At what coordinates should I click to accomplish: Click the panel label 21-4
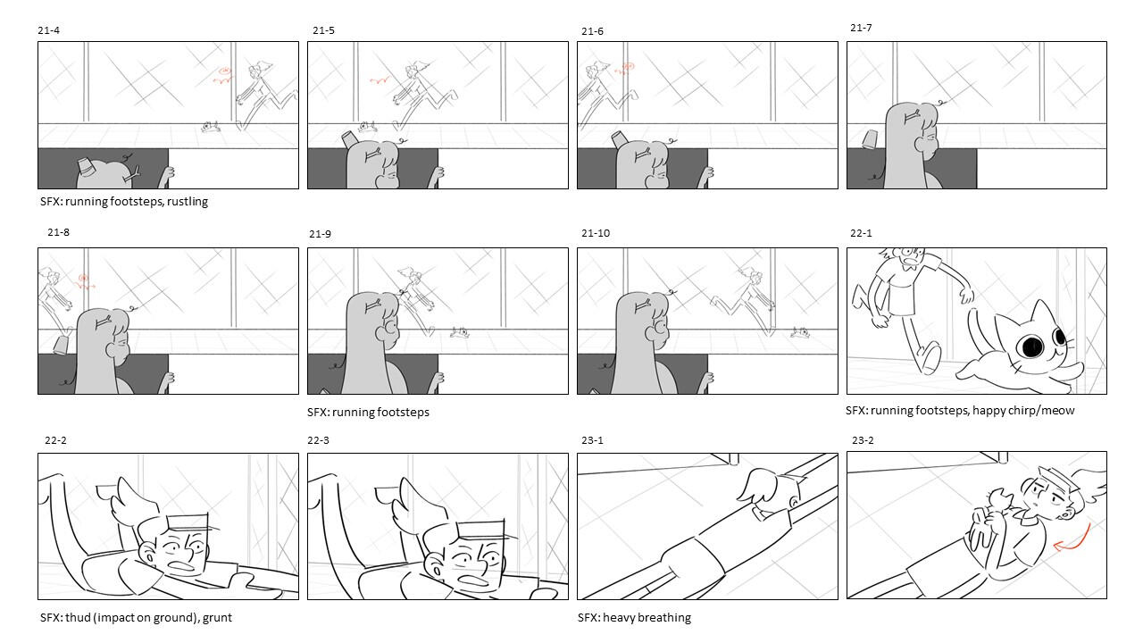[48, 30]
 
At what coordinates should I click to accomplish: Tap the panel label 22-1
[861, 233]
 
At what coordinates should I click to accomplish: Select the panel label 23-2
[863, 440]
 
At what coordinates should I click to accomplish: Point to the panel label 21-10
[596, 233]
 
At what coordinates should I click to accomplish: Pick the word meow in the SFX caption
[1059, 410]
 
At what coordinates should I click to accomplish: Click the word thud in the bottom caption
[78, 617]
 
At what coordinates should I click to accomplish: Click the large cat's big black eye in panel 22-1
[1031, 347]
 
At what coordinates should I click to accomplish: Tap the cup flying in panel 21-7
[870, 138]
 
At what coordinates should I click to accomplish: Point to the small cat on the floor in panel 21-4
[210, 127]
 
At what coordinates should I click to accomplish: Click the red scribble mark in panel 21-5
[380, 80]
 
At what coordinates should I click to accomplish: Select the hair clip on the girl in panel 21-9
[374, 306]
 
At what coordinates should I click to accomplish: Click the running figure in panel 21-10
[744, 301]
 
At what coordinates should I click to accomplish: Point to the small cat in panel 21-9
[460, 333]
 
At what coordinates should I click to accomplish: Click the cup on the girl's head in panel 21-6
[619, 139]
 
